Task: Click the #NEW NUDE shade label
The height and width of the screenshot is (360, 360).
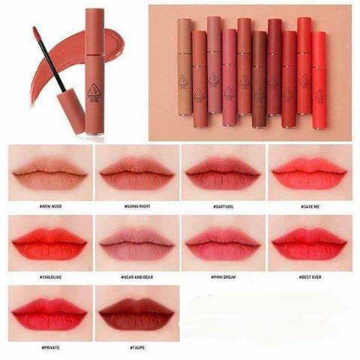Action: tap(51, 206)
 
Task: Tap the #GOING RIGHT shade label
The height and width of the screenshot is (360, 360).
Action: tap(138, 206)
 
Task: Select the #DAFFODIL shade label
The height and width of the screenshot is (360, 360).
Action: tap(223, 206)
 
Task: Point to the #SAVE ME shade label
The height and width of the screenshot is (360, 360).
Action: tap(310, 206)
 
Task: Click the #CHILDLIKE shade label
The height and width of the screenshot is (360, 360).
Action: tap(51, 277)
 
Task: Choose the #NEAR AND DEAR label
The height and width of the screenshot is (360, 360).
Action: tap(138, 277)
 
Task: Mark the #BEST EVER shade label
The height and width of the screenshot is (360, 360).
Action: tap(310, 277)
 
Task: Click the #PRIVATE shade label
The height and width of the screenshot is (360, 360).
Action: tap(51, 347)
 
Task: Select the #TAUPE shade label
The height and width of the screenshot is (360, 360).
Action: tap(138, 347)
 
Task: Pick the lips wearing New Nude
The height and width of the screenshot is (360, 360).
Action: tap(51, 174)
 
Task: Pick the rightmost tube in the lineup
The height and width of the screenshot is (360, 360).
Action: tap(319, 79)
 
